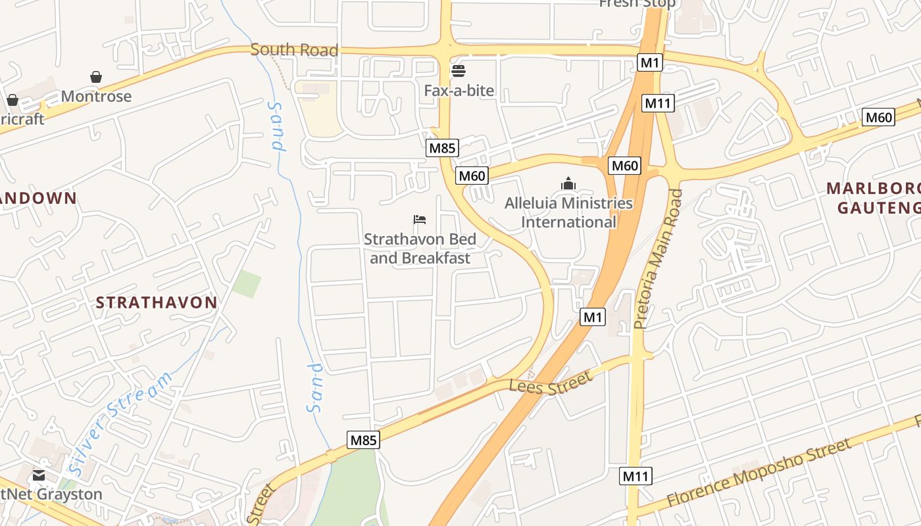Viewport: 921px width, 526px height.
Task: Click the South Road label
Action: coord(294,50)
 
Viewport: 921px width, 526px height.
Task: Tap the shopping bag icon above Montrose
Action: coord(96,78)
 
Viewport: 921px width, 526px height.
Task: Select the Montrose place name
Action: coord(96,97)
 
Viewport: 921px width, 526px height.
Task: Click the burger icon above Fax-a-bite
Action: coord(459,71)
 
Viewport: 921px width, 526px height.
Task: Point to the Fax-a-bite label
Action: coord(459,90)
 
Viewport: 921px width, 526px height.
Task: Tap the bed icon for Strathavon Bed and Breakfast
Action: coord(420,220)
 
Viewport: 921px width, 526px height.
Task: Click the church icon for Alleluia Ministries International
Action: coord(568,183)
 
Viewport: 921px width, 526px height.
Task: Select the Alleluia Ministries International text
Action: coord(568,212)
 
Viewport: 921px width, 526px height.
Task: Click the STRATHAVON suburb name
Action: coord(157,302)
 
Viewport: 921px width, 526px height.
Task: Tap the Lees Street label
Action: coord(550,383)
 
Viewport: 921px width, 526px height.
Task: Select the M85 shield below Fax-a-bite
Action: coord(442,148)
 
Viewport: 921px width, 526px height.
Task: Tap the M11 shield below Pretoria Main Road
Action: coord(635,476)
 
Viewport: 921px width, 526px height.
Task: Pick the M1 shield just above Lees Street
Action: coord(593,318)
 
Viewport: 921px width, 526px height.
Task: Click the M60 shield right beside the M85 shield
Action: coord(472,176)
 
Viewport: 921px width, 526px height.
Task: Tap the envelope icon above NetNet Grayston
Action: coord(39,475)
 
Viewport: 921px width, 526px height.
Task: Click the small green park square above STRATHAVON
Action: coord(247,283)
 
